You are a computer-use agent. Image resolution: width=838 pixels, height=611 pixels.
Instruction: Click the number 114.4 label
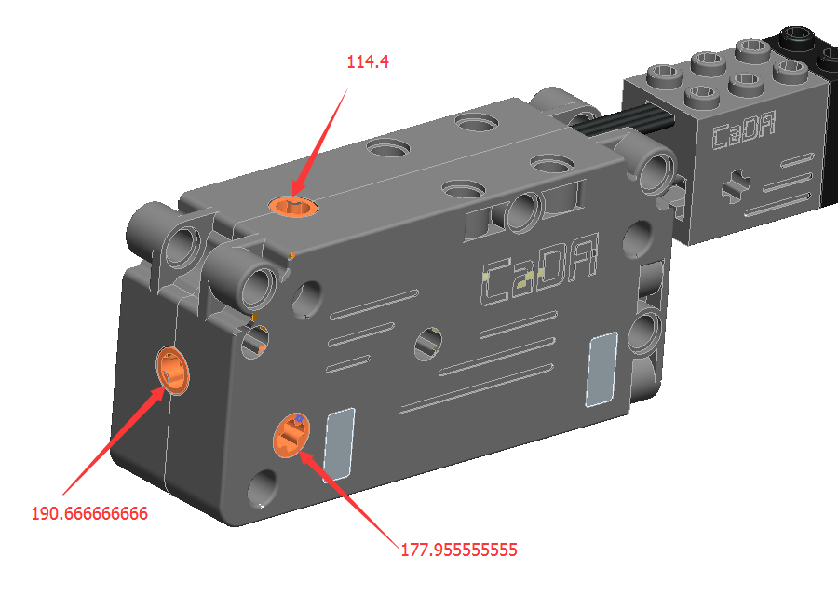[x=368, y=62]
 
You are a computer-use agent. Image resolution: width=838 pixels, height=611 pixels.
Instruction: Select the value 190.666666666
[x=89, y=514]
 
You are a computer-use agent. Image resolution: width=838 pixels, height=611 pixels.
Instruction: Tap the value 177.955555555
[x=458, y=550]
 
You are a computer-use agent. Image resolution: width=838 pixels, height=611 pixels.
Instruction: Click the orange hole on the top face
[x=293, y=206]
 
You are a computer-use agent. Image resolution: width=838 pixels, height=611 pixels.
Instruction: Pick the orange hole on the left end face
[x=172, y=371]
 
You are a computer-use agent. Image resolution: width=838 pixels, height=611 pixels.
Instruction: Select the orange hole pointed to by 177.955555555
[x=291, y=435]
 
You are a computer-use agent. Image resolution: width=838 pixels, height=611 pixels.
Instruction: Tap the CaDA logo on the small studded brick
[x=743, y=131]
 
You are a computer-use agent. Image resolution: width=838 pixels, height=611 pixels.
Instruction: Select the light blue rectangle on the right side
[x=601, y=369]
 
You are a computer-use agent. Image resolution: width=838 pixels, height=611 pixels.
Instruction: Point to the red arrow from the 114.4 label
[x=320, y=143]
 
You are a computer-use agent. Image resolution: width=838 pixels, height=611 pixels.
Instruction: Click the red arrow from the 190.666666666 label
[x=114, y=441]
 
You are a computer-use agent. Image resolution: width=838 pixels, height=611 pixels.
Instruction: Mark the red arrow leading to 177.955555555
[x=349, y=498]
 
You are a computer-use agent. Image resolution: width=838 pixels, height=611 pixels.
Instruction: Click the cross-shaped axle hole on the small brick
[x=736, y=185]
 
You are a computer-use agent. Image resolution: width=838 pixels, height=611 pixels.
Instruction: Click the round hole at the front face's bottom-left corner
[x=263, y=488]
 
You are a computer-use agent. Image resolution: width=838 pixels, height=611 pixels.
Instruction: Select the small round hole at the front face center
[x=428, y=344]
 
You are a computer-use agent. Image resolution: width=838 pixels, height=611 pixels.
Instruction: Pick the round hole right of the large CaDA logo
[x=638, y=238]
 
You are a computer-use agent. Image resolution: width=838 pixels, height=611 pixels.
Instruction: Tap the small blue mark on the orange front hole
[x=300, y=418]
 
